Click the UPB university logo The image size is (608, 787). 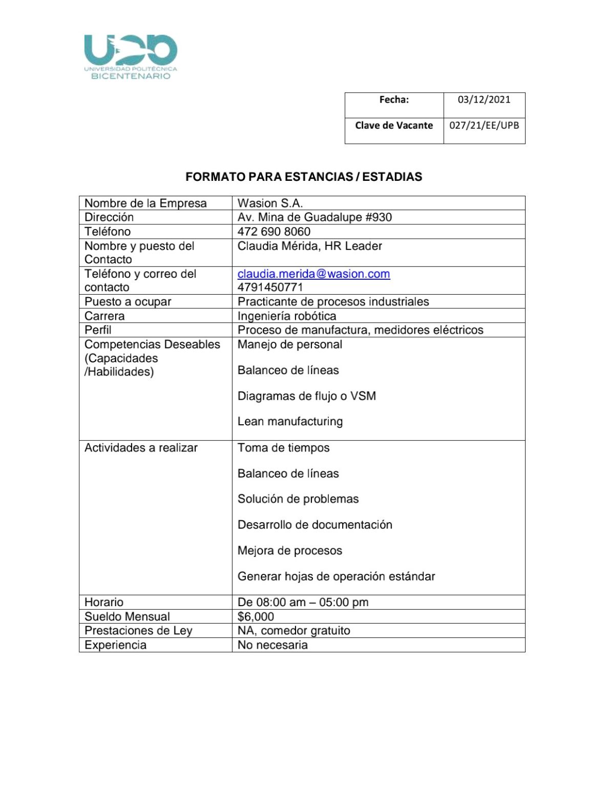pos(131,56)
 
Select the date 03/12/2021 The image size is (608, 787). pos(484,99)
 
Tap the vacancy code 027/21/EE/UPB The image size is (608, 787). pos(484,126)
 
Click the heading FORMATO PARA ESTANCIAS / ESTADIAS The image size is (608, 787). pos(304,177)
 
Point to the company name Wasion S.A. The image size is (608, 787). pos(270,203)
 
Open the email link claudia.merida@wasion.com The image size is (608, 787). pos(313,274)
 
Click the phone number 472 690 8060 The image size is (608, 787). pos(274,232)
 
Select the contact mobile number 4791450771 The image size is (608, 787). pos(270,287)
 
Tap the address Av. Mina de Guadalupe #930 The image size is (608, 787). pos(315,217)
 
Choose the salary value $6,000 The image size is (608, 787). pos(256,616)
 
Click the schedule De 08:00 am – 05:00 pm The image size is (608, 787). pos(303,603)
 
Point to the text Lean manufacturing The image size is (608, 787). pos(290,422)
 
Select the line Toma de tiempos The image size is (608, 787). pos(283,448)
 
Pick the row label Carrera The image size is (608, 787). pos(104,316)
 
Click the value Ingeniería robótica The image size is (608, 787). pos(287,316)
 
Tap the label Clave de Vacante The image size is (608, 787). pos(394,126)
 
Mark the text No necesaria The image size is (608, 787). pos(272,645)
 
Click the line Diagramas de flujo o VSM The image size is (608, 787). pos(306,396)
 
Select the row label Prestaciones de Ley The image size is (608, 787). pos(138,631)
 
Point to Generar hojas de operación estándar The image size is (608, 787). pos(336,576)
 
